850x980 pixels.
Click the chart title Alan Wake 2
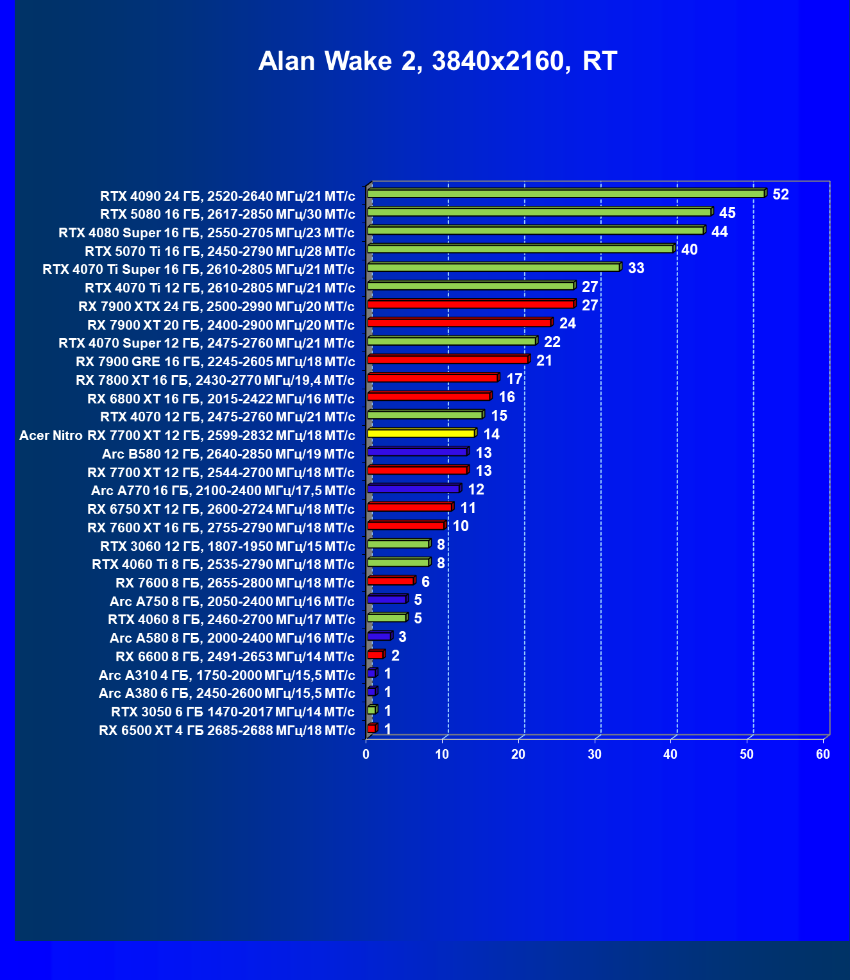(438, 62)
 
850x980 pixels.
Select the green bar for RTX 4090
(566, 194)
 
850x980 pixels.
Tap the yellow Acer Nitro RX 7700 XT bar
(421, 434)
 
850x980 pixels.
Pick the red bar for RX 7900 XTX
(470, 304)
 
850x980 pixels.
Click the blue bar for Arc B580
(417, 452)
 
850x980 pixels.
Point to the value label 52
(780, 194)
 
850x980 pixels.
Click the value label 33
(636, 268)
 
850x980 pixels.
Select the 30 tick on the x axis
(595, 754)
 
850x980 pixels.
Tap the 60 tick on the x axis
(823, 754)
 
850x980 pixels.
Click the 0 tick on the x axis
(366, 754)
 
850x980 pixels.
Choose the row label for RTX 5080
(227, 214)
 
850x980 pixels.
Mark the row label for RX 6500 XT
(226, 731)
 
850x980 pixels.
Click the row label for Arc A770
(223, 491)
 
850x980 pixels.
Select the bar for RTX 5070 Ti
(520, 249)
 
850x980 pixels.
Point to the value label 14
(491, 434)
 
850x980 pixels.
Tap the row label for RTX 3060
(227, 546)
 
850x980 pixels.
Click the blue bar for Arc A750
(387, 600)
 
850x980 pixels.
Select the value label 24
(567, 323)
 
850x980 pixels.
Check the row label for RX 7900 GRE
(215, 362)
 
